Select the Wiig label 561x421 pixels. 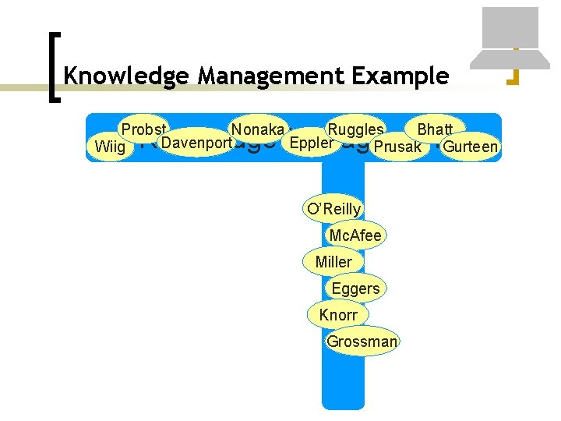pyautogui.click(x=109, y=147)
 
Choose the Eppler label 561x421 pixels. pyautogui.click(x=311, y=143)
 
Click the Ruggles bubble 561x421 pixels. pyautogui.click(x=355, y=129)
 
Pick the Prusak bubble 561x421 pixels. pyautogui.click(x=397, y=147)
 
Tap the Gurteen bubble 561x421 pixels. pyautogui.click(x=470, y=147)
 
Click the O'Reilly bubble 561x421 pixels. pyautogui.click(x=334, y=209)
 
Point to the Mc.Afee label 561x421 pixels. pyautogui.click(x=355, y=235)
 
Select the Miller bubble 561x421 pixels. pyautogui.click(x=333, y=262)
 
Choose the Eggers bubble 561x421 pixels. pyautogui.click(x=355, y=288)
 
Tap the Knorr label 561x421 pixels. pyautogui.click(x=338, y=315)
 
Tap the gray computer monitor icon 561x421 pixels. pyautogui.click(x=510, y=35)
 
